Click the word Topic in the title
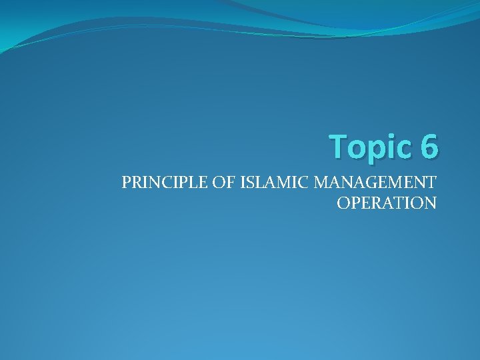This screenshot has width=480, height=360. pos(370,146)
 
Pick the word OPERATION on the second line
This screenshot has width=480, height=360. pos(387,203)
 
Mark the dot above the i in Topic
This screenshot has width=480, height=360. pos(392,135)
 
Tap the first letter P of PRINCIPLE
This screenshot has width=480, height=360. pos(126,182)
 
